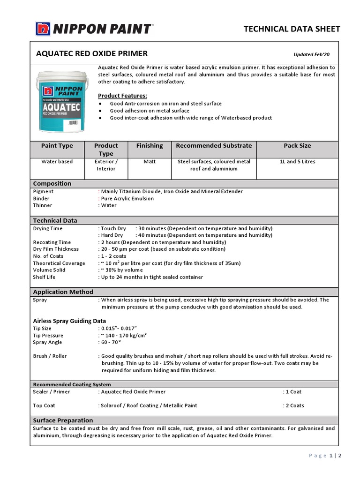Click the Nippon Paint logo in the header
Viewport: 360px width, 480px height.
pos(94,29)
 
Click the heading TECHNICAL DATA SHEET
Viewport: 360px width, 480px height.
pos(292,29)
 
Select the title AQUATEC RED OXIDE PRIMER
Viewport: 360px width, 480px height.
pos(92,53)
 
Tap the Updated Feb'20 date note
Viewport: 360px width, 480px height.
pos(311,54)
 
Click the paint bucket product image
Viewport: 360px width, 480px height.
pos(61,101)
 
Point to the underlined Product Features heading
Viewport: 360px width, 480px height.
pos(122,96)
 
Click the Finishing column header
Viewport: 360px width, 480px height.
pos(150,146)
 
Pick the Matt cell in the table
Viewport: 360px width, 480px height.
pos(150,162)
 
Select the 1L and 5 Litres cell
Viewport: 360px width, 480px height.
pos(297,162)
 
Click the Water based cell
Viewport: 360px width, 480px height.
pos(57,162)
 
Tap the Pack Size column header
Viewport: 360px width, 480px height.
pos(297,146)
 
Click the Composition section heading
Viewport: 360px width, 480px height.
pos(52,183)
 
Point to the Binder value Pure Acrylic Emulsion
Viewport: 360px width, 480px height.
pos(127,198)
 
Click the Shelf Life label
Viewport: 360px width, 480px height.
pos(44,277)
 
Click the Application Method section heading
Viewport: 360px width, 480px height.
pos(63,292)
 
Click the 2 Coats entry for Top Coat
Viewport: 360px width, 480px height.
pos(293,405)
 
